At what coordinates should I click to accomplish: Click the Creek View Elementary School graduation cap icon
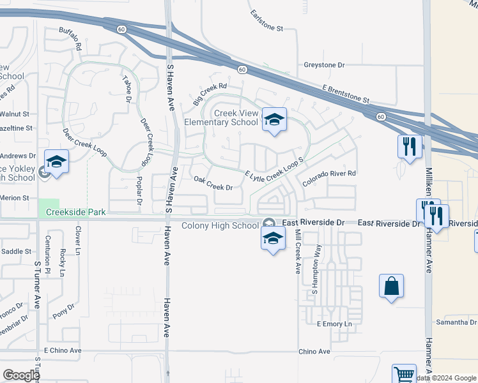coord(274,120)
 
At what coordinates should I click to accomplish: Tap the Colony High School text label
coord(220,225)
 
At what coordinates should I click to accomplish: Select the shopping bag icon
coord(391,286)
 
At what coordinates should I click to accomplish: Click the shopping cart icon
coord(403,375)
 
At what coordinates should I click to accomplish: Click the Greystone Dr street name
coord(324,65)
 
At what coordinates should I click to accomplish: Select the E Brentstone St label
coord(346,95)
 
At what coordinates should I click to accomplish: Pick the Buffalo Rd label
coord(71,39)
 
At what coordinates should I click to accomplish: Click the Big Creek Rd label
coord(210,94)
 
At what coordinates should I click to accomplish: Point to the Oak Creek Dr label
coord(213,184)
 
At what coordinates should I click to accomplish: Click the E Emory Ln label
coord(335,324)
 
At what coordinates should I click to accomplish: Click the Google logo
coord(20,375)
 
